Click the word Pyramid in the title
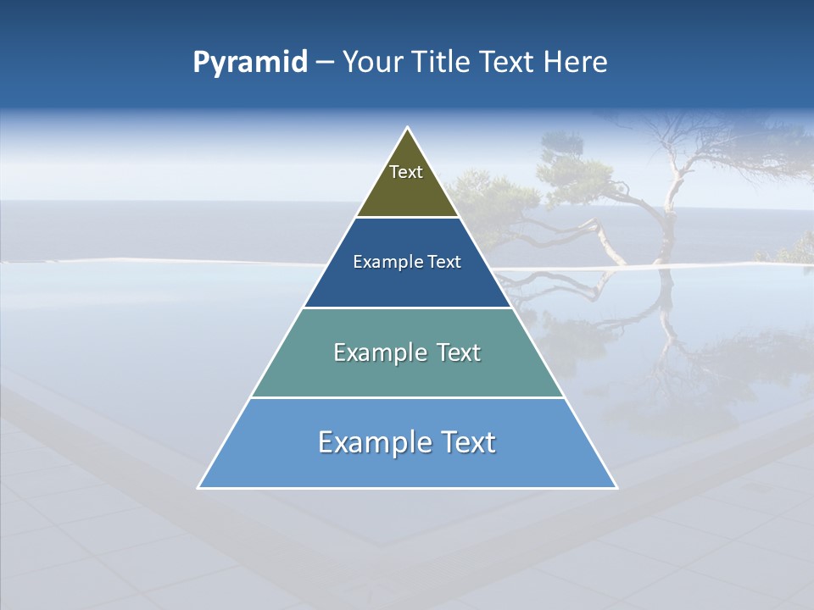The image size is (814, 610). (249, 63)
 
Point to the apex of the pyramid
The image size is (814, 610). (407, 128)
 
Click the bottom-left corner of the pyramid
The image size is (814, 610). (199, 487)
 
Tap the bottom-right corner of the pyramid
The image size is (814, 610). (616, 487)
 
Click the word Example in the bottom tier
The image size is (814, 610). (368, 442)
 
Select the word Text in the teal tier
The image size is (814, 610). (457, 352)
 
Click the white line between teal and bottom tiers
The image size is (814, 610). (407, 397)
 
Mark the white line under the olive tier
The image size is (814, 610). (407, 218)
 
